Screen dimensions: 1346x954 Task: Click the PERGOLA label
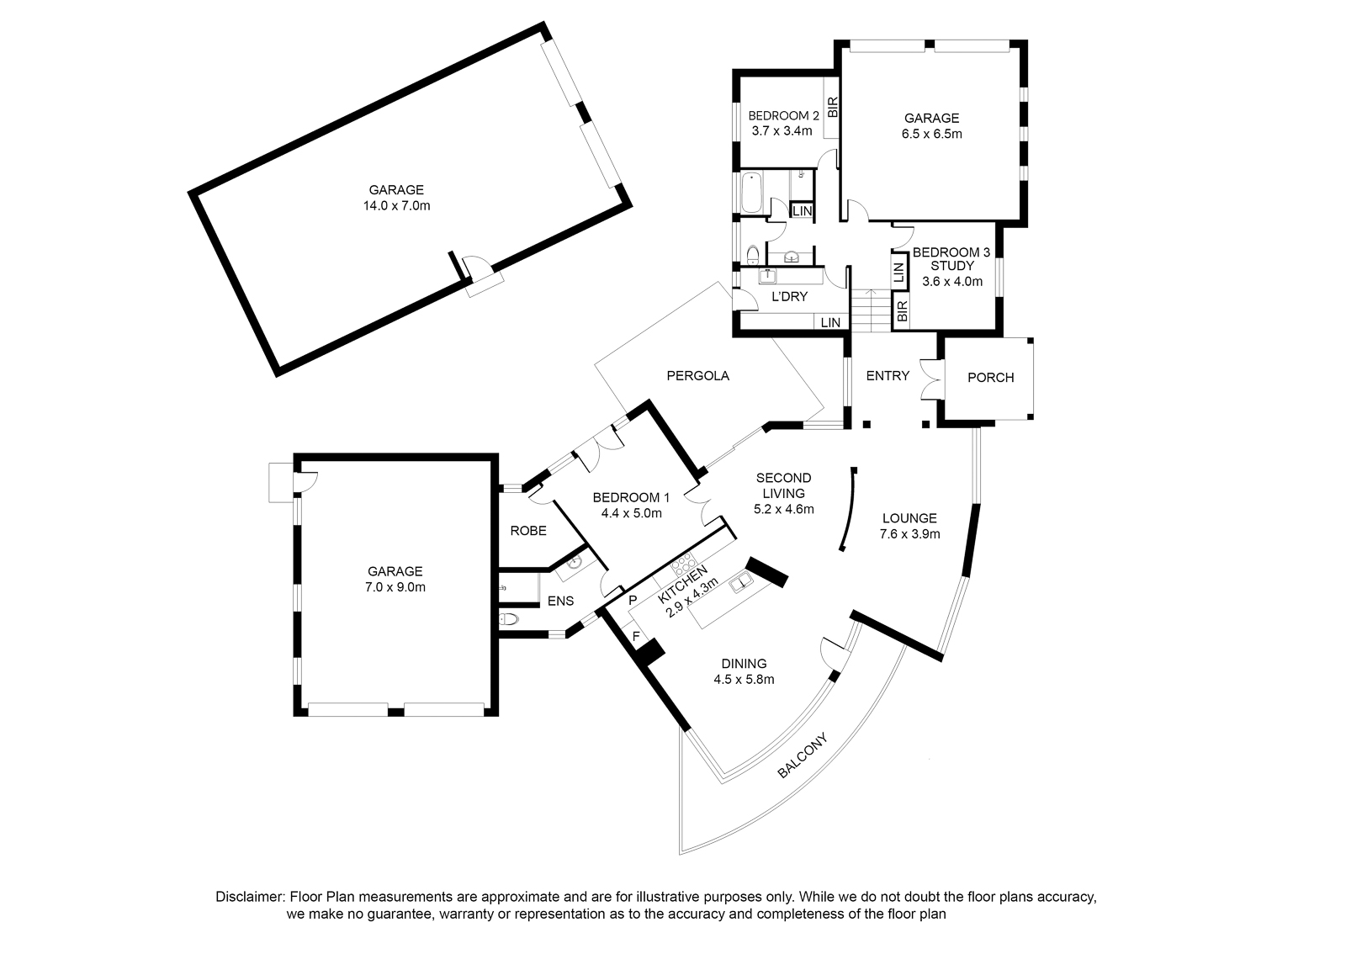tap(697, 376)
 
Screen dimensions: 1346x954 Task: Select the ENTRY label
tap(888, 376)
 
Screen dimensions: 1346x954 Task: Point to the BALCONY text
tap(803, 755)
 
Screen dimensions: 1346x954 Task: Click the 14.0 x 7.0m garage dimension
tap(396, 206)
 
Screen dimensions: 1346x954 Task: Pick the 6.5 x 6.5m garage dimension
tap(931, 134)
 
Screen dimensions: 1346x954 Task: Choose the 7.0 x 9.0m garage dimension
tap(395, 587)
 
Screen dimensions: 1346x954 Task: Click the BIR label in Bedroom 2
tap(833, 107)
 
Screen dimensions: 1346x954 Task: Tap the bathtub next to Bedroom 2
tap(751, 193)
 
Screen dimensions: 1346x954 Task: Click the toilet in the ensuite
tap(508, 618)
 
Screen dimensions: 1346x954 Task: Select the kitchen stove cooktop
tap(682, 564)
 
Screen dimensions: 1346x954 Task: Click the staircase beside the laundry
tap(871, 310)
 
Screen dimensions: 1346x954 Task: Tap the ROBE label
tap(528, 531)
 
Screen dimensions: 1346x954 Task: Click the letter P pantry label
tap(632, 600)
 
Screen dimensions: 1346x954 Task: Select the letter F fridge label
tap(636, 635)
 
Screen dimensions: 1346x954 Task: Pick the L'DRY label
tap(790, 297)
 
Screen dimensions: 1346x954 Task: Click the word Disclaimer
tap(249, 897)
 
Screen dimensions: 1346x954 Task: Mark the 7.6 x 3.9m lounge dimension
tap(909, 534)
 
